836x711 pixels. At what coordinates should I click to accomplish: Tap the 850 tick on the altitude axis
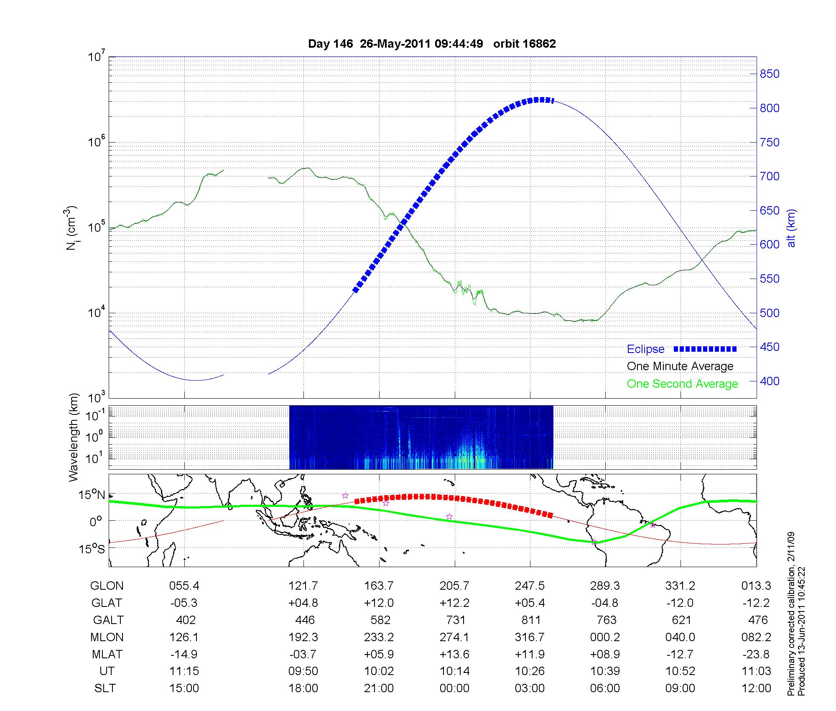pyautogui.click(x=770, y=74)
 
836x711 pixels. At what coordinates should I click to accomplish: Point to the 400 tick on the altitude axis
pyautogui.click(x=770, y=381)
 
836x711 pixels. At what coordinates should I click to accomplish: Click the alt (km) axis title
pyautogui.click(x=791, y=228)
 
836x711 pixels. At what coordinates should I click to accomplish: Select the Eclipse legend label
pyautogui.click(x=645, y=349)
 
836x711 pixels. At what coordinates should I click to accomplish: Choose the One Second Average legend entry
pyautogui.click(x=682, y=384)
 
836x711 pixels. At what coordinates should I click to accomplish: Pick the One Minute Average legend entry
pyautogui.click(x=680, y=366)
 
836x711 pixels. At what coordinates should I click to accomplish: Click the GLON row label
pyautogui.click(x=107, y=586)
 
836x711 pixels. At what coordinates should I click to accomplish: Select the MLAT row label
pyautogui.click(x=107, y=654)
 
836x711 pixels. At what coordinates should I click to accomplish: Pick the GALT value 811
pyautogui.click(x=531, y=620)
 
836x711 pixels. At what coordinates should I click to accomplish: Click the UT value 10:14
pyautogui.click(x=455, y=671)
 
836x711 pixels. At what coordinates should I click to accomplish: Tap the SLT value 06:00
pyautogui.click(x=605, y=688)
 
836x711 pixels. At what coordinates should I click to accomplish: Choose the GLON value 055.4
pyautogui.click(x=184, y=586)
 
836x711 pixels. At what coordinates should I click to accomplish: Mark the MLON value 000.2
pyautogui.click(x=605, y=637)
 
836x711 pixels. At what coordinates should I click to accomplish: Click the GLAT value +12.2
pyautogui.click(x=455, y=603)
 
